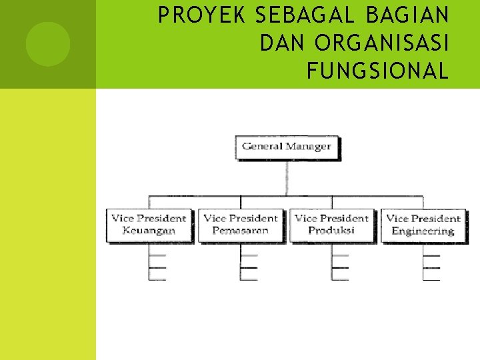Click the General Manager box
pos(287,147)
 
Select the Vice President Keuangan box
pos(149,225)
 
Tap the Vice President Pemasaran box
pos(241,225)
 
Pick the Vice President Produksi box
pos(331,225)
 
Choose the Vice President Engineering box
pos(423,225)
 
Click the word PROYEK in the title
pos(193,16)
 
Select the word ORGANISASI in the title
pos(382,43)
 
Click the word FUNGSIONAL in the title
pos(377,71)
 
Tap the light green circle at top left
pos(47,44)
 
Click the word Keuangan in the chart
pos(149,231)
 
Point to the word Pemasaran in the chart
pos(241,231)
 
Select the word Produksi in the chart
pos(331,231)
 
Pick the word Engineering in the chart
pos(423,231)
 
